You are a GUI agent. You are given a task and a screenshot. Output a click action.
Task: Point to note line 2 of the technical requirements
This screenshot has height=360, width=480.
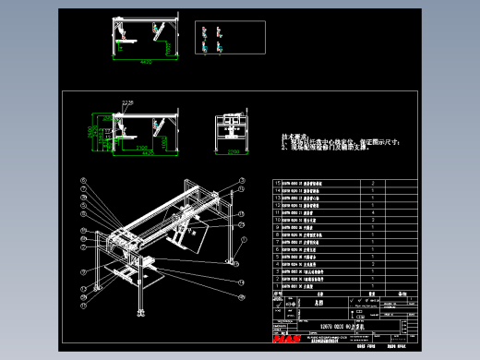[x=323, y=147]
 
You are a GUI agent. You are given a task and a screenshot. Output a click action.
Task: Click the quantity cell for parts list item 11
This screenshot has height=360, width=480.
[x=373, y=213]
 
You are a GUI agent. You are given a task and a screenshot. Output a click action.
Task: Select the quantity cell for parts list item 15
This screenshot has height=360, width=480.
[x=373, y=184]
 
